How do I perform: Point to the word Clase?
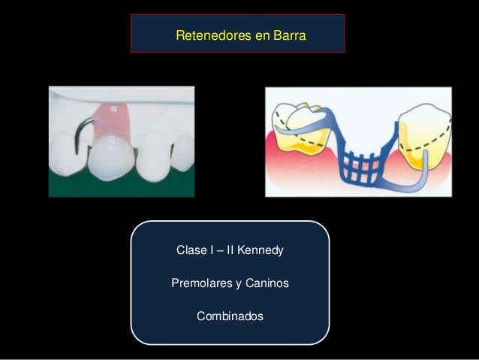191,249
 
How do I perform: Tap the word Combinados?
230,316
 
